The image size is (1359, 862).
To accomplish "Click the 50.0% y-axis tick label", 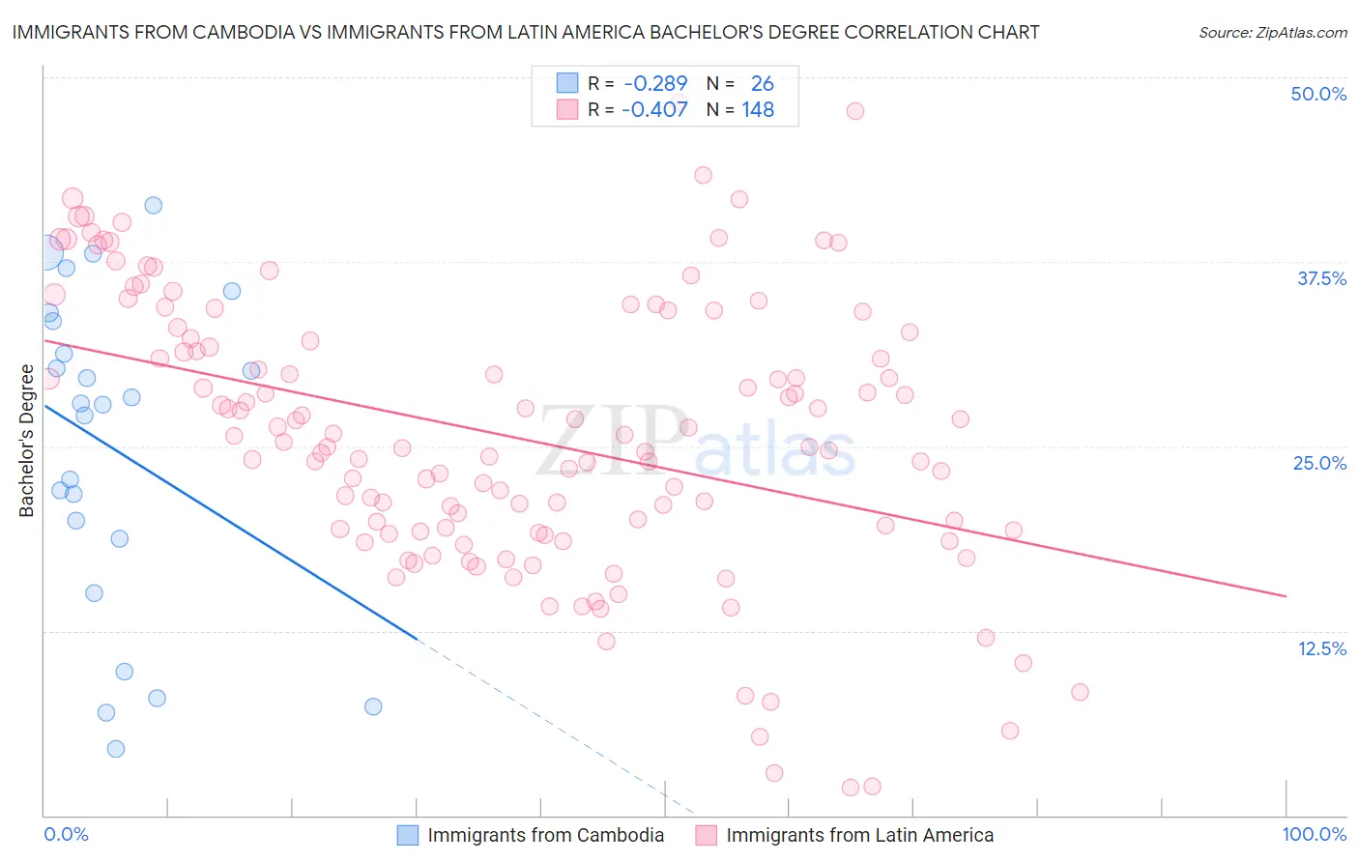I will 1318,94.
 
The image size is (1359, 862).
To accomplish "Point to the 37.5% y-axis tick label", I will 1321,278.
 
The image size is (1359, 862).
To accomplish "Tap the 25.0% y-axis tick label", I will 1319,463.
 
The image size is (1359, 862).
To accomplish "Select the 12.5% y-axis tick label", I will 1321,648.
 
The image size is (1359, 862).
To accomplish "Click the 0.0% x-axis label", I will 66,834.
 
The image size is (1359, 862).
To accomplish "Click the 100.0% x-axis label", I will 1314,834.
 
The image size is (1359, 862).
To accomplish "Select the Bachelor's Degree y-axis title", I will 26,441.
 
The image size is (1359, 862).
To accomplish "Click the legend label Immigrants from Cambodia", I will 545,835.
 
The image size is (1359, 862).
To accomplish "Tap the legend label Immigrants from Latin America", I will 859,835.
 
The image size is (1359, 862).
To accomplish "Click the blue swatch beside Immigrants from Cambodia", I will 408,835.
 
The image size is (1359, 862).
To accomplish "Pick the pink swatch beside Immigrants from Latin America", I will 707,835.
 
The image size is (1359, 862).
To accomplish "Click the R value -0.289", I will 654,84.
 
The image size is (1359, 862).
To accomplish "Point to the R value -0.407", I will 654,110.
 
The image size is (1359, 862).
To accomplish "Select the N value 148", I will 758,110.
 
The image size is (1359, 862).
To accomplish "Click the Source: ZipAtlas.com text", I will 1272,33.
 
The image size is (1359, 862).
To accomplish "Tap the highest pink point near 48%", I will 854,111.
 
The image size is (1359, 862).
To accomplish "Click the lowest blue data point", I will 116,749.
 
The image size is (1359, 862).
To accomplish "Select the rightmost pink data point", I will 1080,692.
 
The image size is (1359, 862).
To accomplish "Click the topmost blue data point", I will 153,205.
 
